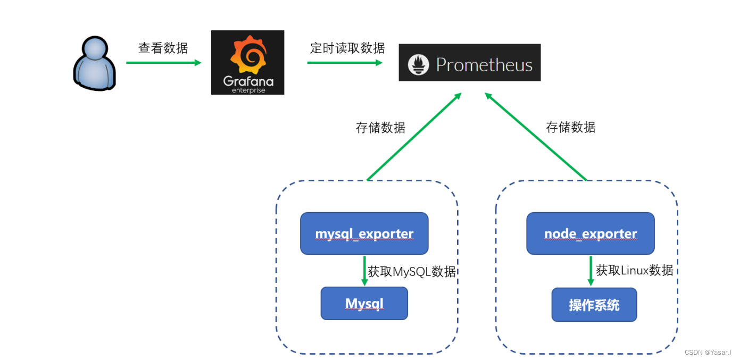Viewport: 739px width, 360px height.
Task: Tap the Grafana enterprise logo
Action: click(x=247, y=62)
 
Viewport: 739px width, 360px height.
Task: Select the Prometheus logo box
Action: click(x=469, y=63)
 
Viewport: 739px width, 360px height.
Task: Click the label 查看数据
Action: click(x=163, y=48)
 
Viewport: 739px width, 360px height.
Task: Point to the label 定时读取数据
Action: click(x=347, y=48)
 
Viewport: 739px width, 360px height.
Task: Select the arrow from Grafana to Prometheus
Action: click(x=344, y=63)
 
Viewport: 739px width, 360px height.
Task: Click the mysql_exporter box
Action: click(x=364, y=233)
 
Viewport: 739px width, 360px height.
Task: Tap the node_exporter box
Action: click(x=590, y=233)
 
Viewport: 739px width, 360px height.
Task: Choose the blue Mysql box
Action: click(x=364, y=303)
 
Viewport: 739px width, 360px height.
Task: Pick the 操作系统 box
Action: click(x=594, y=305)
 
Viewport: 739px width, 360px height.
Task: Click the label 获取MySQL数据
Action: click(x=411, y=272)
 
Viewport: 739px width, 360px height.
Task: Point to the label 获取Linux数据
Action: click(x=634, y=270)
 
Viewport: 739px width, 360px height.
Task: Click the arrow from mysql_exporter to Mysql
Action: click(x=364, y=271)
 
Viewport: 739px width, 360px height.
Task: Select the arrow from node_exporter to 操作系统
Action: click(x=591, y=271)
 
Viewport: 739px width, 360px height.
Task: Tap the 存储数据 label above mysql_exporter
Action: click(x=380, y=128)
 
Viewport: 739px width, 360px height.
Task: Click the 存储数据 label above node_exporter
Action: click(x=570, y=127)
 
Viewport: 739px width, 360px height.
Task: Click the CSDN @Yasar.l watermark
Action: click(x=707, y=353)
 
